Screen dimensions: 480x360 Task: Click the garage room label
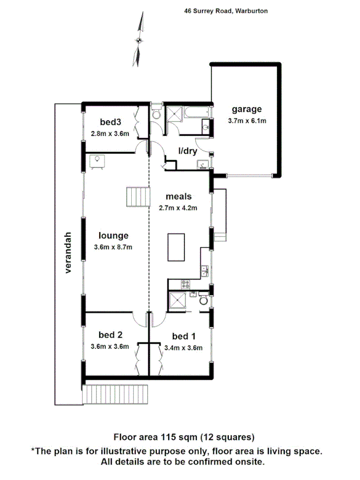pos(246,110)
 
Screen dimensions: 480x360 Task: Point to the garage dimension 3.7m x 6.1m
pos(246,121)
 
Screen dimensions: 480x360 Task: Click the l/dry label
pos(188,151)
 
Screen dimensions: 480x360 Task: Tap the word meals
pos(179,197)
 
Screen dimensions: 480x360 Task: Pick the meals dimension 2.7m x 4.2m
pos(179,207)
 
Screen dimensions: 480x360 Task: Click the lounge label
pos(113,235)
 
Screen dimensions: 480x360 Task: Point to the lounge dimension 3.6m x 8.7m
pos(113,246)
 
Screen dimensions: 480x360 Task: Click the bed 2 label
pos(110,335)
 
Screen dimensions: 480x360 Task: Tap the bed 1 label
pos(184,336)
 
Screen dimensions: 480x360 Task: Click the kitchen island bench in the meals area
pos(177,247)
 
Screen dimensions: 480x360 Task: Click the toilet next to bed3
pos(156,115)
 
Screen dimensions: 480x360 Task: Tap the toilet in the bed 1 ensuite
pos(203,301)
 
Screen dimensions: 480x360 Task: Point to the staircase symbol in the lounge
pos(137,198)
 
